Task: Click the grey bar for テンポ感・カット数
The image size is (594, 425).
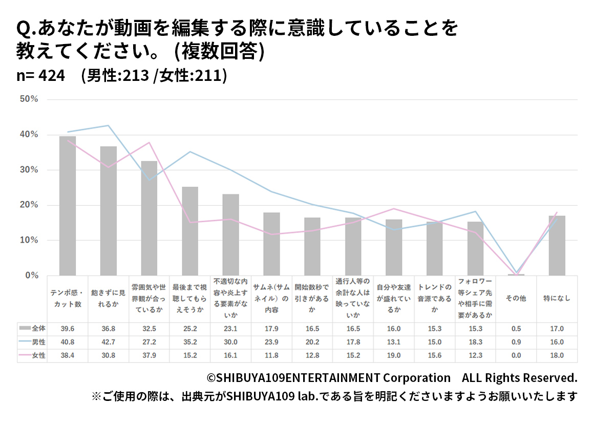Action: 67,206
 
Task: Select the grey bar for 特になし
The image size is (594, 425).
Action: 557,246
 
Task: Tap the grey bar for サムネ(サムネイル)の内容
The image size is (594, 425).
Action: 271,244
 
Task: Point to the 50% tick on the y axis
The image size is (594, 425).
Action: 29,99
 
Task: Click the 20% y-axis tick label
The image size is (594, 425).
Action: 29,205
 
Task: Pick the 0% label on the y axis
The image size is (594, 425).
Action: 32,275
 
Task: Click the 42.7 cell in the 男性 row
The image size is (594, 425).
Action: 108,342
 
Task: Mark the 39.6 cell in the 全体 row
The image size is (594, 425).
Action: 67,328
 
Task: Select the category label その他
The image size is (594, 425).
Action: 516,299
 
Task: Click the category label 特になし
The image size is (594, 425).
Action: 557,299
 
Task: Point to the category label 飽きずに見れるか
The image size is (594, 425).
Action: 108,299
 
